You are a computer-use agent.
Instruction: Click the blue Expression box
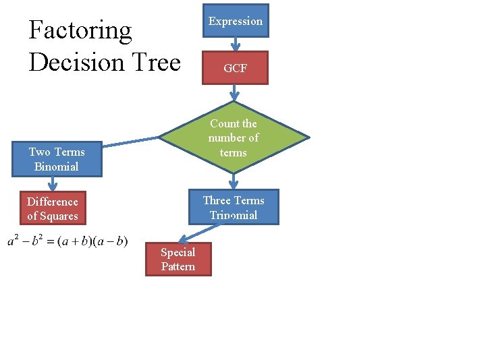(235, 21)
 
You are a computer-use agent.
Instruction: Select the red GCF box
(235, 68)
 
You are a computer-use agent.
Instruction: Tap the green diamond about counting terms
(234, 138)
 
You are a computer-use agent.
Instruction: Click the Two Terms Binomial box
(57, 159)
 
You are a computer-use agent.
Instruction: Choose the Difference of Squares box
(53, 209)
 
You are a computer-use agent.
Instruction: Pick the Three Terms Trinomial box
(234, 207)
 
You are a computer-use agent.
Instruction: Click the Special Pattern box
(178, 260)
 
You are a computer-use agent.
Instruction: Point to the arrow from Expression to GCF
(236, 44)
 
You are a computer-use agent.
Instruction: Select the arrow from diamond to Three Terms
(234, 181)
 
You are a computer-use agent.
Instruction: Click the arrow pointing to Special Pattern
(193, 233)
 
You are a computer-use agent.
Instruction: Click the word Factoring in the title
(80, 30)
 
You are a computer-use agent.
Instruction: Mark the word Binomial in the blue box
(57, 166)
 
